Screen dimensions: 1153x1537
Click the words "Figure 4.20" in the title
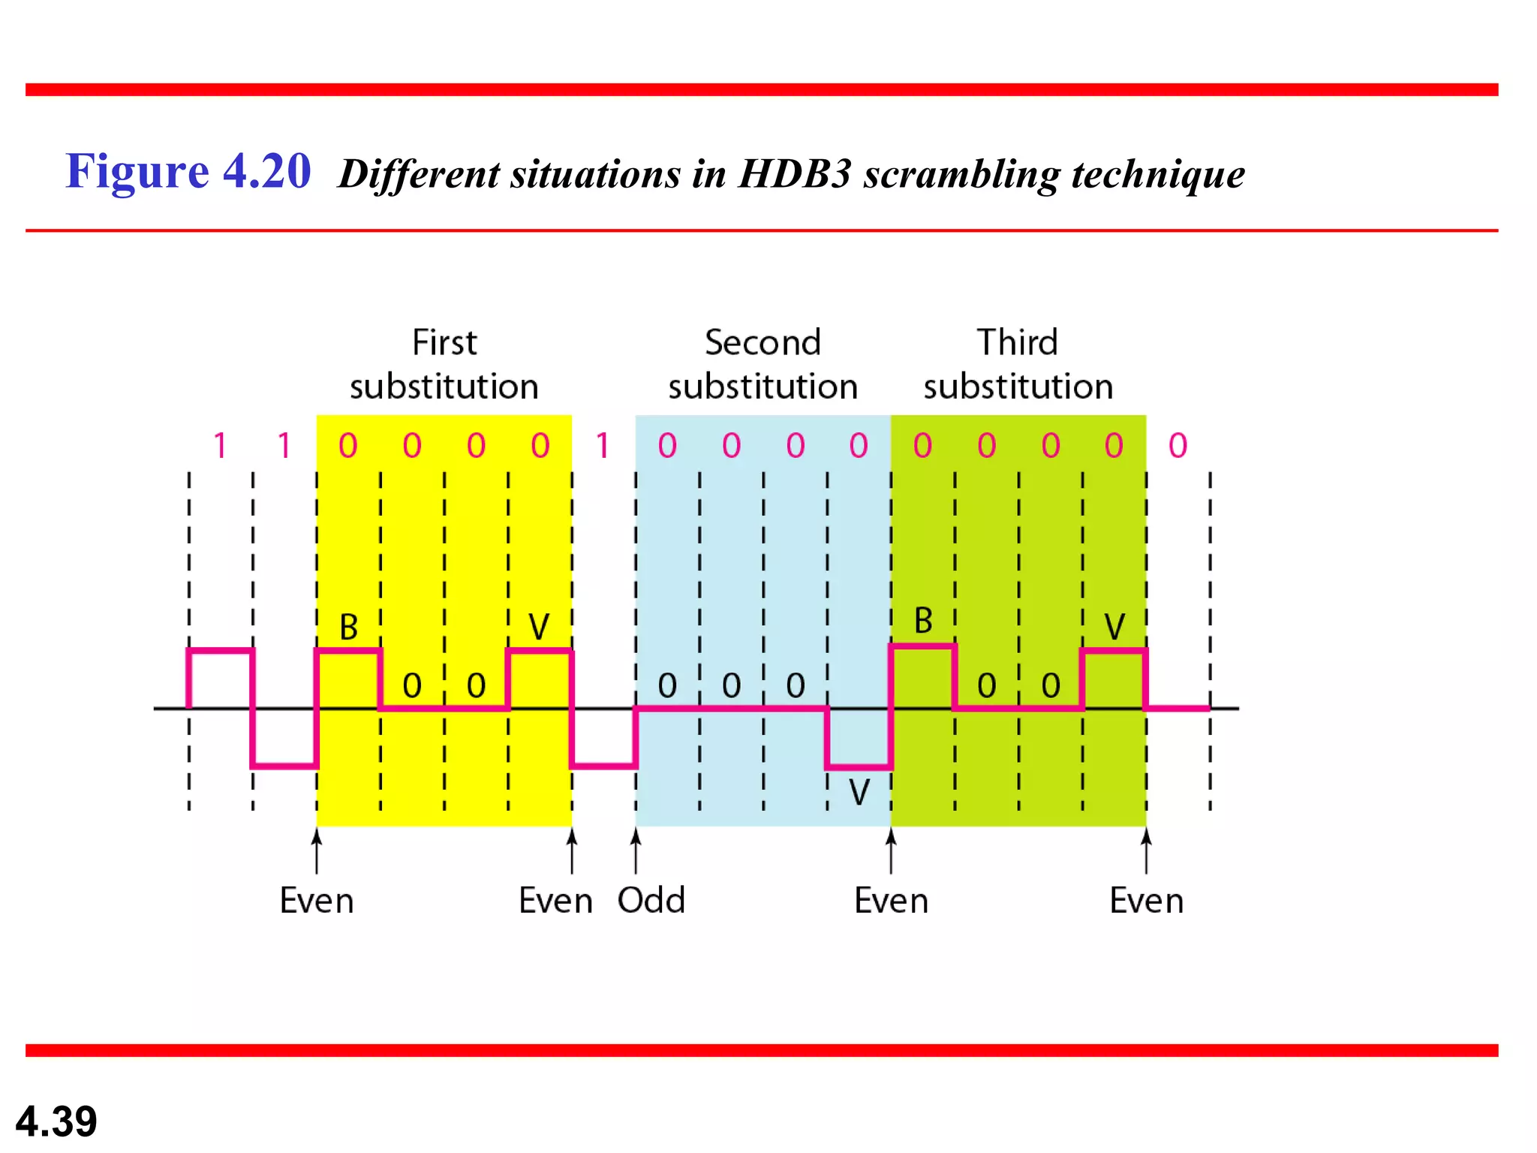coord(188,171)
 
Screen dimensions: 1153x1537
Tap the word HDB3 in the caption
coord(795,174)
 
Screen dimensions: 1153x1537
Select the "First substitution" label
coord(444,365)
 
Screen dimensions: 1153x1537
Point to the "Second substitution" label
coord(762,365)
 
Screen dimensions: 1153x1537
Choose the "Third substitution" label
coord(1018,365)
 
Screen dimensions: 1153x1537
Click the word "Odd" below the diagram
coord(651,900)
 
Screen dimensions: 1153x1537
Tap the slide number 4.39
coord(56,1121)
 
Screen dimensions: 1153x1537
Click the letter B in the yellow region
coord(348,627)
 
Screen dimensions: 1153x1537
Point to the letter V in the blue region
coord(859,792)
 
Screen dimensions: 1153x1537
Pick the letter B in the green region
coord(923,621)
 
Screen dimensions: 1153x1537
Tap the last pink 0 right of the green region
coord(1178,446)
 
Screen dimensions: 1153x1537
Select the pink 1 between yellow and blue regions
coord(603,446)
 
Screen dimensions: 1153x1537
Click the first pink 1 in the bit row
coord(220,446)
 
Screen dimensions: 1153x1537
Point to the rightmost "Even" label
coord(1146,900)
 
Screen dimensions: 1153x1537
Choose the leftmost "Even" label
coord(317,900)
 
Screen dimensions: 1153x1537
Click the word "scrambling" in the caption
coord(961,174)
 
